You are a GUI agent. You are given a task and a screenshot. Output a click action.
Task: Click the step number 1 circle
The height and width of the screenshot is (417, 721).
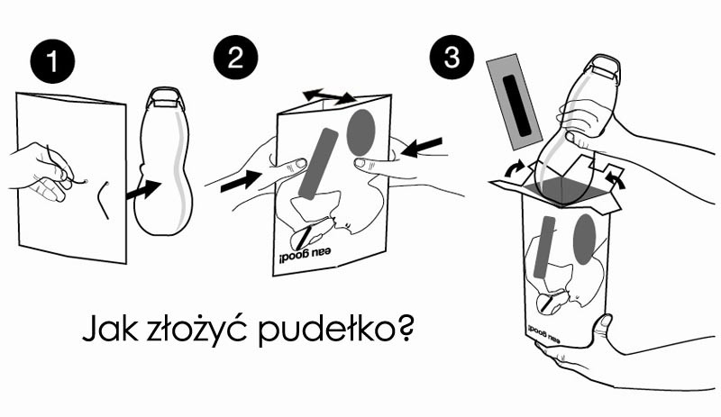[x=52, y=60]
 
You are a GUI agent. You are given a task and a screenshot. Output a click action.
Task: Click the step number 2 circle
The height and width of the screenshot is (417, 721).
[x=235, y=58]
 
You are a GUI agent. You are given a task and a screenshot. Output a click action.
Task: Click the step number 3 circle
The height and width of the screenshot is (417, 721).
[x=452, y=58]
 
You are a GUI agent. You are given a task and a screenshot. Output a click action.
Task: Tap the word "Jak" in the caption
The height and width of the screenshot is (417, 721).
[x=109, y=328]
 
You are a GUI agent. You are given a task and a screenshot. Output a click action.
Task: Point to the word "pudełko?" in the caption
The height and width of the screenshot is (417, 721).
[x=335, y=328]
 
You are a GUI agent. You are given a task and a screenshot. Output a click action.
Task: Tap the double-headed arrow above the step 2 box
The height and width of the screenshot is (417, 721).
[x=329, y=96]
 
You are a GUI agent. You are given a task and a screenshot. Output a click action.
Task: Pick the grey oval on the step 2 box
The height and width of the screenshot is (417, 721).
[x=361, y=132]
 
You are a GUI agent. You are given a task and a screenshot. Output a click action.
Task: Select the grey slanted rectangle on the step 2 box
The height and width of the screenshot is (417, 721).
[x=318, y=164]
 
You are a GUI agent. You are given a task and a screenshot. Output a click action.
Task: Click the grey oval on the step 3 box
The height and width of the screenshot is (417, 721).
[x=585, y=240]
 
